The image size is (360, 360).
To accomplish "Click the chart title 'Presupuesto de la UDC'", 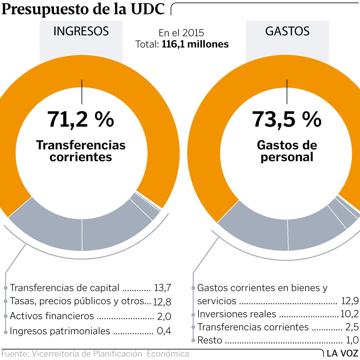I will pos(83,9).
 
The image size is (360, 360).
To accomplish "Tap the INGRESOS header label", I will pos(81,31).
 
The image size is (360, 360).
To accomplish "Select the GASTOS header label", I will pos(287,31).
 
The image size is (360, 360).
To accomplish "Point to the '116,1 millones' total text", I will pos(195,44).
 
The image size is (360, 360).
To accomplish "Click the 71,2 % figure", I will pos(81,119).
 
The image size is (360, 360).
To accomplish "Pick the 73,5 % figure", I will pos(287,119).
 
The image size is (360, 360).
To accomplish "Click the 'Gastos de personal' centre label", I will pos(287,151).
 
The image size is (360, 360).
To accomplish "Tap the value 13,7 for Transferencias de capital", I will pos(162,288).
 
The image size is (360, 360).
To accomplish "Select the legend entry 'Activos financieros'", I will pos(52,316).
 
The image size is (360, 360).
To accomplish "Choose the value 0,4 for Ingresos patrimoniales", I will pos(164,331).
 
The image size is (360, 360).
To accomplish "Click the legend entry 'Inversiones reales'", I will pos(237,314).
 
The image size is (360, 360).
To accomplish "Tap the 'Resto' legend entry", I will pos(210,340).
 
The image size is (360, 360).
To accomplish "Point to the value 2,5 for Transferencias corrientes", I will pos(352,327).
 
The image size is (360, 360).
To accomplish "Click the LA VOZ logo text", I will pos(342,353).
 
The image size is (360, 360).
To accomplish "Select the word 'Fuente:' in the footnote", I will pos(14,354).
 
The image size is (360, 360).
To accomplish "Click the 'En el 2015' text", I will pos(181,33).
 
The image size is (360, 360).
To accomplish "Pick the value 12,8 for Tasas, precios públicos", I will pos(162,302).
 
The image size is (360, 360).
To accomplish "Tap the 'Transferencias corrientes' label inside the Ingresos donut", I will pos(81,151).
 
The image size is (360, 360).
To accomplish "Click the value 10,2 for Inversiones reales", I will pos(349,314).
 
